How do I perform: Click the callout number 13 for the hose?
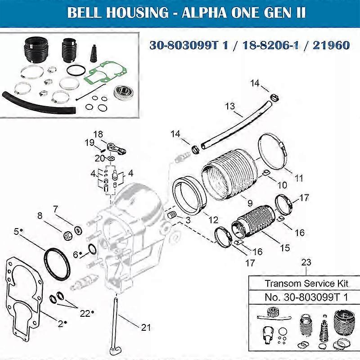[x=230, y=106]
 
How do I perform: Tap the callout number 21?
[x=146, y=327]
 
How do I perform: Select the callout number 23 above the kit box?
[x=306, y=262]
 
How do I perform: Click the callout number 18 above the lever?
[x=98, y=134]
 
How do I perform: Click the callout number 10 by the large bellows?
[x=282, y=184]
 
